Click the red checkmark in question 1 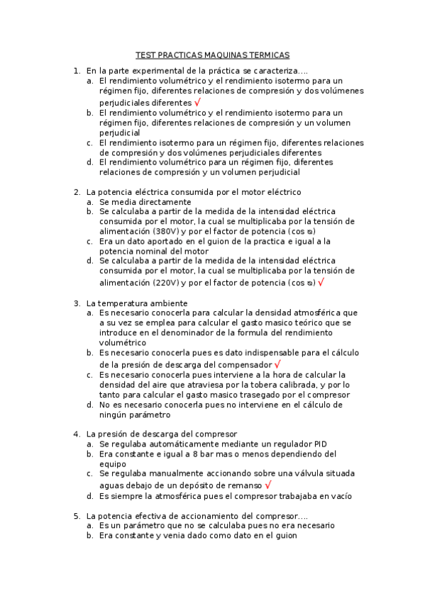(197, 102)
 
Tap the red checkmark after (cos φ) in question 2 (321, 281)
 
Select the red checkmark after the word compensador (277, 364)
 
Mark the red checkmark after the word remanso (268, 485)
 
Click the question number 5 (76, 516)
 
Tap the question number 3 (76, 303)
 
